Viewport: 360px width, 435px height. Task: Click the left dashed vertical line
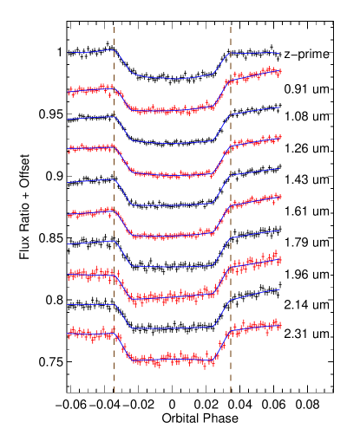114,208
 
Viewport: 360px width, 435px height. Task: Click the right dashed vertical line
231,208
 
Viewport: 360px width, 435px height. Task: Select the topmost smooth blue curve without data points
173,78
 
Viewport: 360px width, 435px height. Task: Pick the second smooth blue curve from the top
173,142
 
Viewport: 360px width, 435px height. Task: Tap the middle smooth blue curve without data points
173,205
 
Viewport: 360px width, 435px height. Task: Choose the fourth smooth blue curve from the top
173,266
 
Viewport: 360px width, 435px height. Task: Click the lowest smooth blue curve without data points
173,328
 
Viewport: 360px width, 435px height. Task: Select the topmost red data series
173,110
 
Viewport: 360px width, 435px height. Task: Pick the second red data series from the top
173,174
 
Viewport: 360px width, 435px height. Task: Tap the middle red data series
173,235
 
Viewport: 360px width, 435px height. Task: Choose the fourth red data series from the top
173,296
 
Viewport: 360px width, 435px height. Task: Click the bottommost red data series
173,358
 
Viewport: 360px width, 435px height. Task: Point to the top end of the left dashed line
114,27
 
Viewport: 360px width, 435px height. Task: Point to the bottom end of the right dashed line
231,393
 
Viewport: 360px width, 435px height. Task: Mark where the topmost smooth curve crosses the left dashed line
114,50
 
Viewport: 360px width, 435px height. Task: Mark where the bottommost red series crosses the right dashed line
231,331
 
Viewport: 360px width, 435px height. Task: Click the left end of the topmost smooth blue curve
69,53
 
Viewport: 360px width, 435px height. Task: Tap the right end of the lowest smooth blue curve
279,290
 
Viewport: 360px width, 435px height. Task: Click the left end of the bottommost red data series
69,334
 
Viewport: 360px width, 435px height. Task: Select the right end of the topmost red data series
280,72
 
